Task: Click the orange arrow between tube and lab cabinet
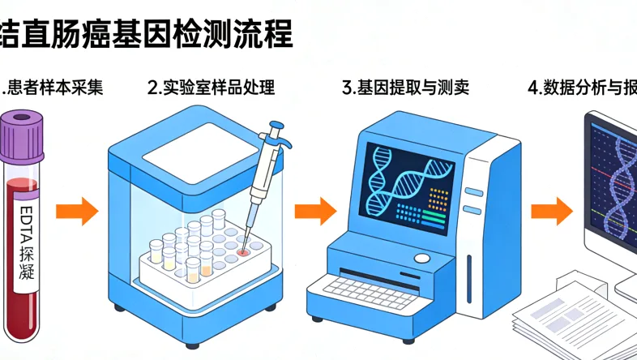[76, 212]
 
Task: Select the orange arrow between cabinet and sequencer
[314, 212]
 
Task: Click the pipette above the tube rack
[264, 162]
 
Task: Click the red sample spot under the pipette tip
[243, 253]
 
